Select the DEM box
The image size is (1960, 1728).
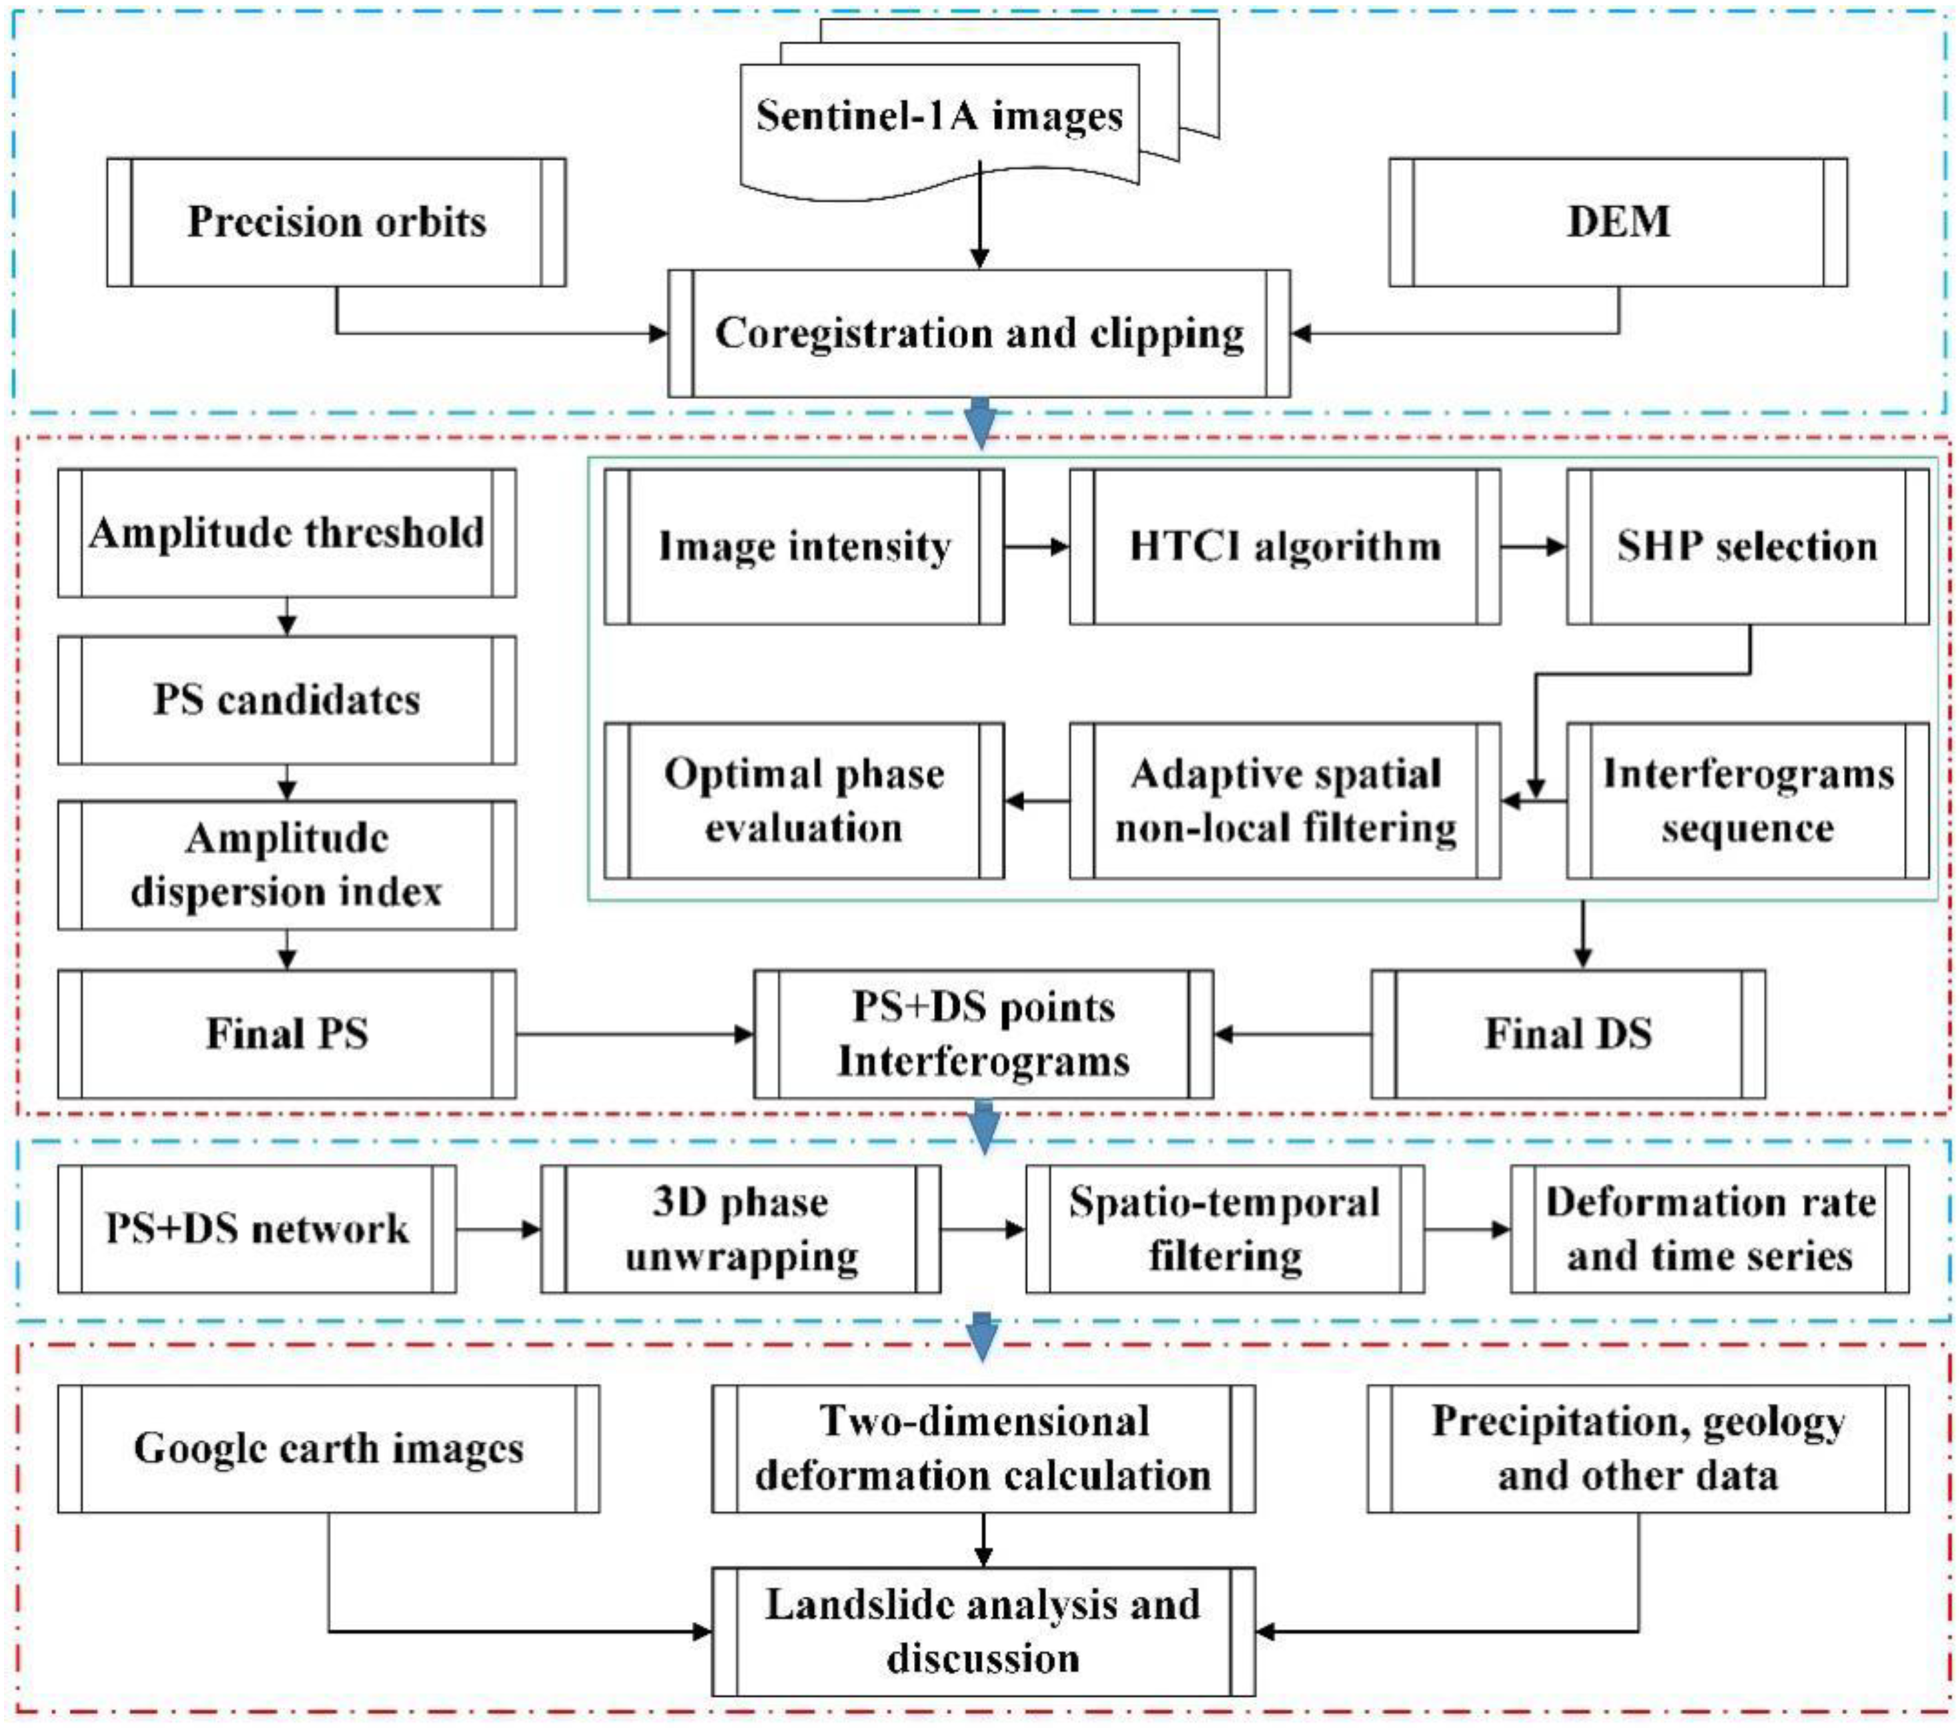click(1618, 222)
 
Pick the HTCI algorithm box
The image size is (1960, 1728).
click(1284, 546)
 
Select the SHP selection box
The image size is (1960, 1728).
click(1747, 546)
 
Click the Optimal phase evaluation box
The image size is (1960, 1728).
click(804, 801)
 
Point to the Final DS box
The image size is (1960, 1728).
click(1568, 1033)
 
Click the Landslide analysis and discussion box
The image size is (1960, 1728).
click(983, 1632)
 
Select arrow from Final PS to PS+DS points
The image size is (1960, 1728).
click(633, 1033)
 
